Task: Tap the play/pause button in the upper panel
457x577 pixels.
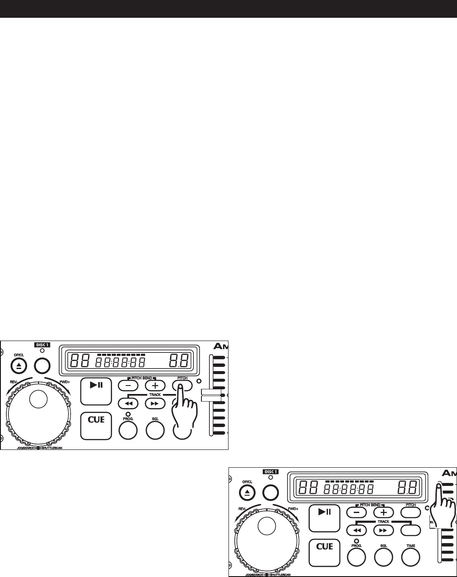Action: pos(96,391)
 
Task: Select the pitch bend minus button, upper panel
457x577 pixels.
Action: pos(128,386)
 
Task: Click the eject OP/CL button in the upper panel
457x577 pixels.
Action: pos(18,366)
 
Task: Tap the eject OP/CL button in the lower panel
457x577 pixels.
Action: pos(247,492)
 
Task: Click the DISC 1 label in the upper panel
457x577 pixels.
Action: pos(42,345)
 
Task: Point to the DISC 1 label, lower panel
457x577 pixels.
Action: pos(271,472)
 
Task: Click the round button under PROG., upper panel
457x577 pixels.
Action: pos(128,430)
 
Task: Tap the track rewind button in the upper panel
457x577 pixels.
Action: pos(128,403)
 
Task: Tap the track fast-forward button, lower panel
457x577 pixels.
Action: pos(383,530)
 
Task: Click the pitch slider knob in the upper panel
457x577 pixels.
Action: pos(211,395)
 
